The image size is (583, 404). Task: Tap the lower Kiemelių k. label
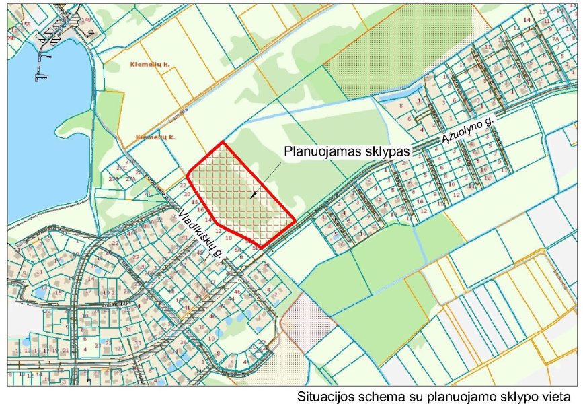155,137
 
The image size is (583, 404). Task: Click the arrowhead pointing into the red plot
253,196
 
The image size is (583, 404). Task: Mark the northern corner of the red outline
222,143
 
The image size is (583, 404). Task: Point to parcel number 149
87,19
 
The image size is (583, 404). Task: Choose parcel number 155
27,24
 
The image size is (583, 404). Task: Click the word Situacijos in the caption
323,397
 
